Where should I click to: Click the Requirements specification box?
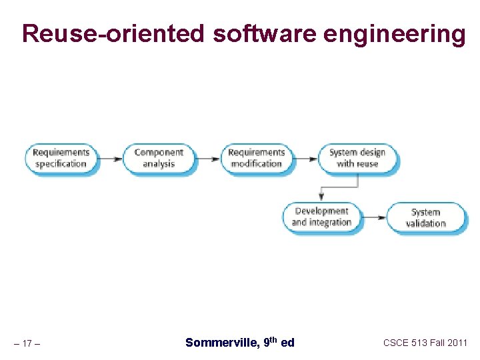61,159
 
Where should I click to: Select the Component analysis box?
158,159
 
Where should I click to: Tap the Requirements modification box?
256,159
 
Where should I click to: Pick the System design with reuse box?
357,159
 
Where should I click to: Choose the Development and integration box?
321,217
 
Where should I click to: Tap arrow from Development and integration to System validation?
375,217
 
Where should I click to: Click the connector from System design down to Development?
340,186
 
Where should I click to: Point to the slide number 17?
27,344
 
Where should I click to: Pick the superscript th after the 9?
272,339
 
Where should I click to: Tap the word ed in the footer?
287,343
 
